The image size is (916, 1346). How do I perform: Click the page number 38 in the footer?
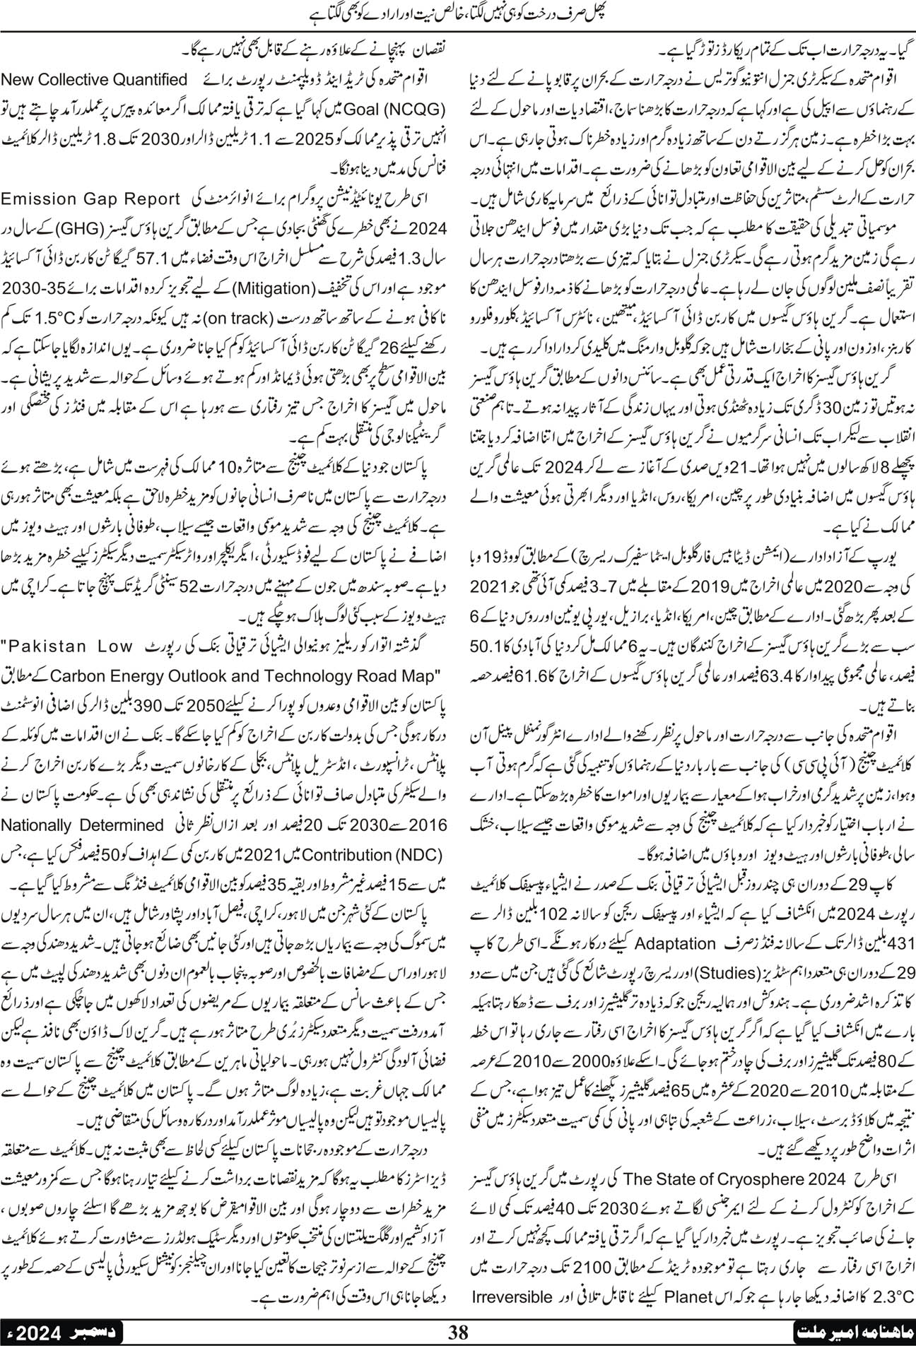(459, 1332)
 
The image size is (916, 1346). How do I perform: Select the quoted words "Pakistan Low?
(68, 646)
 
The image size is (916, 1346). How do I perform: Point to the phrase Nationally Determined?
(82, 825)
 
